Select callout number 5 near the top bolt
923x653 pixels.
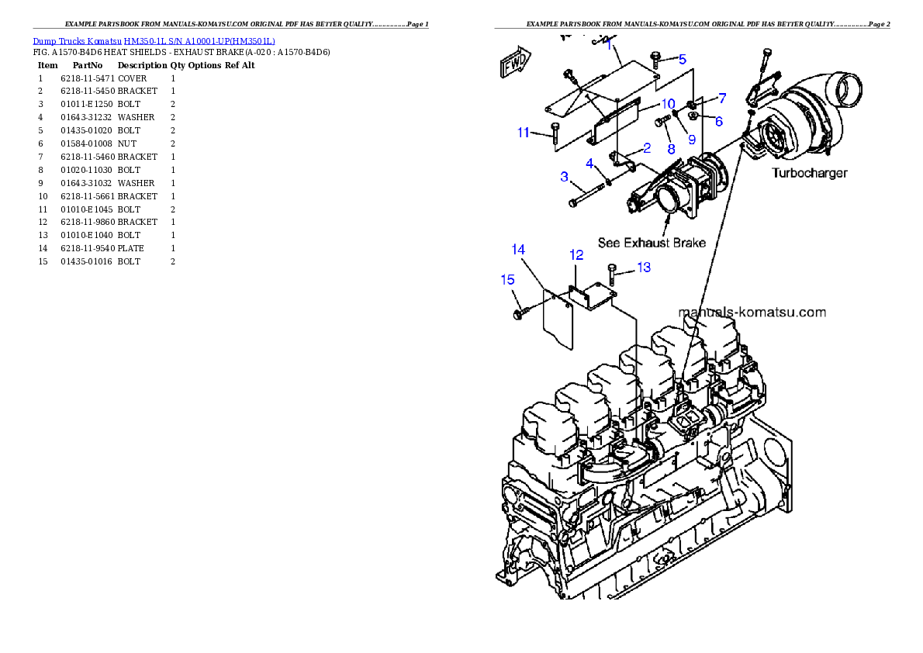tap(682, 59)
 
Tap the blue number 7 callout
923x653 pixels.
tap(721, 98)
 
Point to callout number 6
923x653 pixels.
tap(718, 121)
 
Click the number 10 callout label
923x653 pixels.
tap(668, 104)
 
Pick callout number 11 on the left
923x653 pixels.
tap(524, 133)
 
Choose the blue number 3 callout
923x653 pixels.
tap(565, 177)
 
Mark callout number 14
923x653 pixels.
tap(518, 249)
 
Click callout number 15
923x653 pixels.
tap(507, 280)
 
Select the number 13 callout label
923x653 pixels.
tap(644, 268)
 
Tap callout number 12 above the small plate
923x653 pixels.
tap(576, 254)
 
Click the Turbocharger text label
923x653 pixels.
tap(809, 173)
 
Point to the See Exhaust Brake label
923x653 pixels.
tap(651, 243)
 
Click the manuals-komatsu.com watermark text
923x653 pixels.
tap(752, 313)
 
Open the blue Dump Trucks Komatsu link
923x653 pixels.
tap(154, 41)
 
